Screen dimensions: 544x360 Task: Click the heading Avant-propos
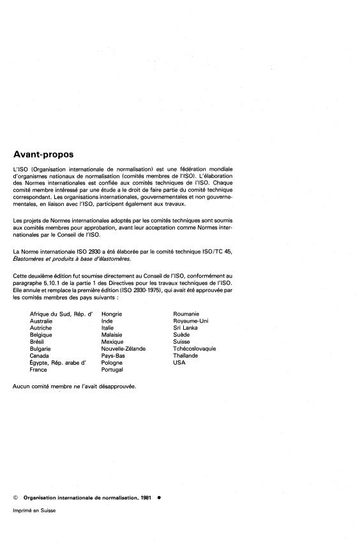(43, 154)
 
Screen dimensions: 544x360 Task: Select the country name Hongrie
(112, 314)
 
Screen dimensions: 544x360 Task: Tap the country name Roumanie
(186, 314)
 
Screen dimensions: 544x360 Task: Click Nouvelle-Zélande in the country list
(123, 349)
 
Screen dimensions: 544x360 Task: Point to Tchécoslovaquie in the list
(195, 349)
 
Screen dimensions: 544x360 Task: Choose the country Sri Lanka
(186, 328)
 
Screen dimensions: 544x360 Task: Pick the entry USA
(179, 363)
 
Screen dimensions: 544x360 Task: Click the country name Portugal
(112, 370)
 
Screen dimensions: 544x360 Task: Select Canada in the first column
(40, 356)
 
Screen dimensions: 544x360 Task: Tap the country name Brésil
(38, 342)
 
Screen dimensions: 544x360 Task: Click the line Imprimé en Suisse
(34, 510)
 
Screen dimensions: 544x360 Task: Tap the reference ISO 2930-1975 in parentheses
(168, 306)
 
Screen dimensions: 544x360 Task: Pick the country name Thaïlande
(186, 356)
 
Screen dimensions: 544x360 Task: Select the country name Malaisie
(112, 335)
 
